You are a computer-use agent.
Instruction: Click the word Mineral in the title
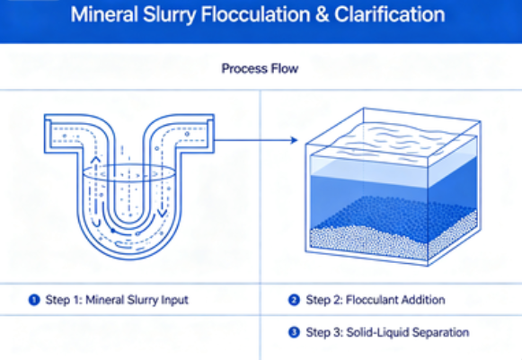pyautogui.click(x=104, y=14)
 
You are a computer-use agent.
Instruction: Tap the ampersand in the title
pyautogui.click(x=322, y=14)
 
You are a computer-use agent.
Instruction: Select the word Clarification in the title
pyautogui.click(x=390, y=14)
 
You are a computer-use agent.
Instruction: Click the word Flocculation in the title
pyautogui.click(x=255, y=14)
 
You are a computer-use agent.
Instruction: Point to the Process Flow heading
pyautogui.click(x=260, y=68)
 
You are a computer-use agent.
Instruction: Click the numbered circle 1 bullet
pyautogui.click(x=34, y=300)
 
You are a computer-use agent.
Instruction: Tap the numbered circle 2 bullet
pyautogui.click(x=294, y=300)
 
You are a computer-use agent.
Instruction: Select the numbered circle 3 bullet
pyautogui.click(x=294, y=332)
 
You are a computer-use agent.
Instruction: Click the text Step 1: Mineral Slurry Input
pyautogui.click(x=117, y=300)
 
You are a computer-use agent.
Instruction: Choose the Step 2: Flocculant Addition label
pyautogui.click(x=376, y=300)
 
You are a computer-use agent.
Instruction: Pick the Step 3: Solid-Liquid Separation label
pyautogui.click(x=387, y=332)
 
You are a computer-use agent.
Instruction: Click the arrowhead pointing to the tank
pyautogui.click(x=294, y=140)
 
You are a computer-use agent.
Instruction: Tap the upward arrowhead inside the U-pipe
pyautogui.click(x=95, y=160)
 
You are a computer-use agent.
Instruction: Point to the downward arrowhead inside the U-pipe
pyautogui.click(x=163, y=213)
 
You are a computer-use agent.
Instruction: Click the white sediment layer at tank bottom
pyautogui.click(x=393, y=241)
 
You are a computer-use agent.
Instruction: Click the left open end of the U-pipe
pyautogui.click(x=48, y=134)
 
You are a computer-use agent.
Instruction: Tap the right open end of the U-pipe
pyautogui.click(x=210, y=134)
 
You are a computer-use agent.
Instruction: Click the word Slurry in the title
pyautogui.click(x=170, y=14)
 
